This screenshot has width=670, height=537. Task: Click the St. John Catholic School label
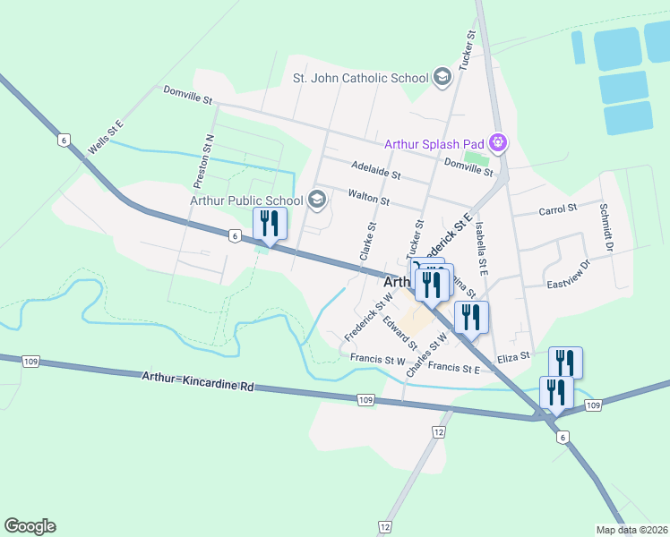(360, 78)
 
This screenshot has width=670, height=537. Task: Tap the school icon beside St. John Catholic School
(442, 78)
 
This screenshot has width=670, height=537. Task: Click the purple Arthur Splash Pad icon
(500, 143)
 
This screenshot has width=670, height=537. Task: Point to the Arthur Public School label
(246, 200)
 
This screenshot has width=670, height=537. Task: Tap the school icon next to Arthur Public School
(316, 200)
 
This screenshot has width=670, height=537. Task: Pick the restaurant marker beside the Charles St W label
(470, 318)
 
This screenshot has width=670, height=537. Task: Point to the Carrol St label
(557, 210)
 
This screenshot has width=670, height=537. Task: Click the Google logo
(30, 526)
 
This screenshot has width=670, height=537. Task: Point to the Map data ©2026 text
(631, 530)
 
